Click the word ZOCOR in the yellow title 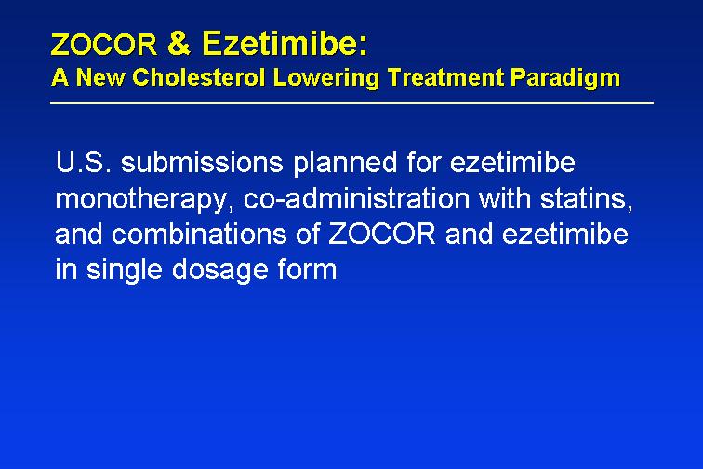coord(104,46)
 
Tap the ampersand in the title coord(179,43)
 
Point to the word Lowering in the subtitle coord(326,78)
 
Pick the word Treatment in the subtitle coord(445,77)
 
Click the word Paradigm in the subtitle coord(565,78)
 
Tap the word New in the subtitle coord(100,77)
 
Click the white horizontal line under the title coord(351,103)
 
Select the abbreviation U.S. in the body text coord(84,162)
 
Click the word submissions coord(202,162)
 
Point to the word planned coord(345,164)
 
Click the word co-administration coord(356,198)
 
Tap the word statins coord(587,199)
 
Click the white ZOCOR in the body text coord(382,234)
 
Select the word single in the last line coord(125,271)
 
